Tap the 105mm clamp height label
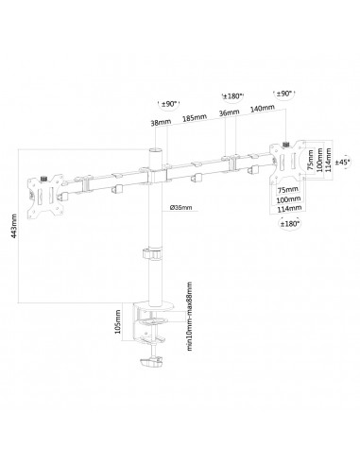[x=118, y=321]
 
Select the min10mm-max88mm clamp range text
[x=189, y=317]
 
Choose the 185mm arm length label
[x=195, y=118]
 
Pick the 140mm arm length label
[x=263, y=109]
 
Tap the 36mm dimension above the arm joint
[x=229, y=112]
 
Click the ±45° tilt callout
[x=342, y=162]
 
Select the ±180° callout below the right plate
[x=289, y=224]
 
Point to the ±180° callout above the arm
[x=232, y=96]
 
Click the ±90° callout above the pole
[x=169, y=104]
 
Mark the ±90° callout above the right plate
[x=284, y=94]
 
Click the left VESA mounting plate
[x=45, y=196]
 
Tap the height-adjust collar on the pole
[x=153, y=254]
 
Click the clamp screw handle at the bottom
[x=151, y=361]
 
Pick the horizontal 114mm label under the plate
[x=289, y=208]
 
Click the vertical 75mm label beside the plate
[x=310, y=160]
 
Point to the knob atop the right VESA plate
[x=286, y=145]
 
